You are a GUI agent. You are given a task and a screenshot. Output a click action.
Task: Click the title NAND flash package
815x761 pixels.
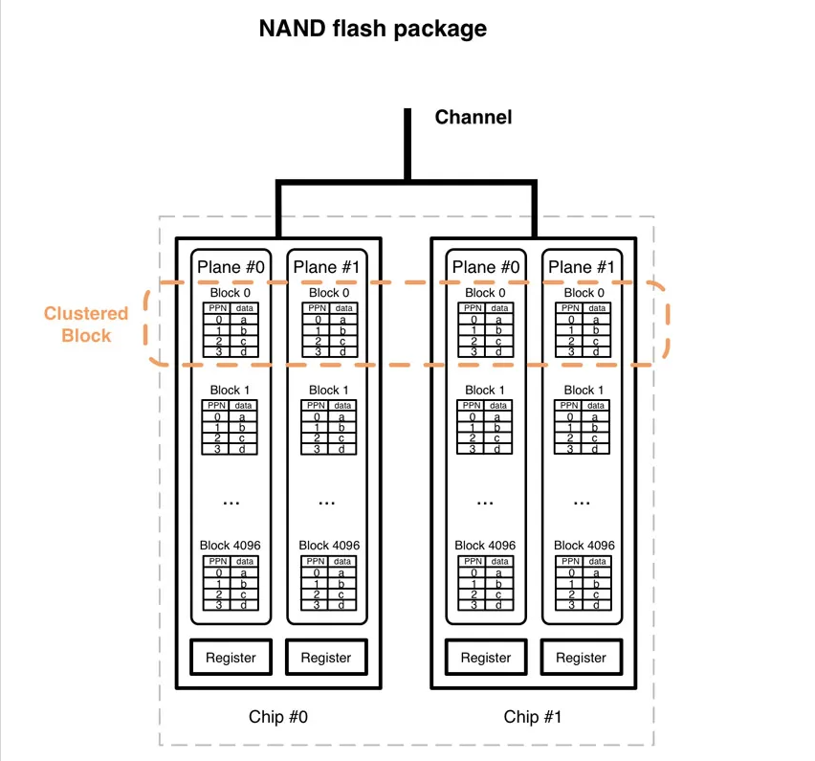[372, 29]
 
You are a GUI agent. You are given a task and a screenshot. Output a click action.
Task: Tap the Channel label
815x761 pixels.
[473, 117]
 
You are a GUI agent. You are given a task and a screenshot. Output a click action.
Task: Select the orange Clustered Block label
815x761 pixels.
[86, 325]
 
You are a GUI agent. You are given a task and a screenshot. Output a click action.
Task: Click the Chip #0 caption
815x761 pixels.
[278, 716]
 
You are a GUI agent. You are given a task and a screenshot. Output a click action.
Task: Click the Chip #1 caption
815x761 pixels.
[534, 716]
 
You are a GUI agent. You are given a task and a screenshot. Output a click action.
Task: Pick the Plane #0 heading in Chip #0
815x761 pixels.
[231, 267]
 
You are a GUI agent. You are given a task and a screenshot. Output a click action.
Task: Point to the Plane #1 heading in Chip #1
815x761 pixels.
[581, 267]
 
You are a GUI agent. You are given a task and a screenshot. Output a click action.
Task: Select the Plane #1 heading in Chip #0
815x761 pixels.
[326, 267]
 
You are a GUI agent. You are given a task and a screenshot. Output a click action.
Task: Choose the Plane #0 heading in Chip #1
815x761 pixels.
[485, 267]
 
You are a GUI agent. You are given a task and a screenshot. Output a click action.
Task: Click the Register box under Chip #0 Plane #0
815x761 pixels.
[231, 658]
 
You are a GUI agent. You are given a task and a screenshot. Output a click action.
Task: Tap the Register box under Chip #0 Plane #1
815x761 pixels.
[326, 658]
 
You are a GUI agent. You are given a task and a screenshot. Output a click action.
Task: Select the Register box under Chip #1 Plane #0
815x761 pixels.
[486, 658]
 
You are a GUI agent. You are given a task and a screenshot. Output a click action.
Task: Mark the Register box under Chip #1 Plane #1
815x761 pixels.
[581, 658]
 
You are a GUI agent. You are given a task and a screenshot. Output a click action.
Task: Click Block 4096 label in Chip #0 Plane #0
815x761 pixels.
[231, 545]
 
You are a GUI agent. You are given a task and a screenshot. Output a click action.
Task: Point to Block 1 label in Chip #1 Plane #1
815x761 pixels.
[581, 390]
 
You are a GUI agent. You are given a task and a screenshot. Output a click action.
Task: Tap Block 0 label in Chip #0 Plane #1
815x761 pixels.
[326, 293]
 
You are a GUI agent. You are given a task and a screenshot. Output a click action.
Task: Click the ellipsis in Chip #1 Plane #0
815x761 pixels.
[486, 501]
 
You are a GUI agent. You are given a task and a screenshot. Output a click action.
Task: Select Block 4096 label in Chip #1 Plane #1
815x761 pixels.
[581, 545]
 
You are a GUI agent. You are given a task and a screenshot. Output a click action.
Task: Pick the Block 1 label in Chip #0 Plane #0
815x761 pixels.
[231, 390]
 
